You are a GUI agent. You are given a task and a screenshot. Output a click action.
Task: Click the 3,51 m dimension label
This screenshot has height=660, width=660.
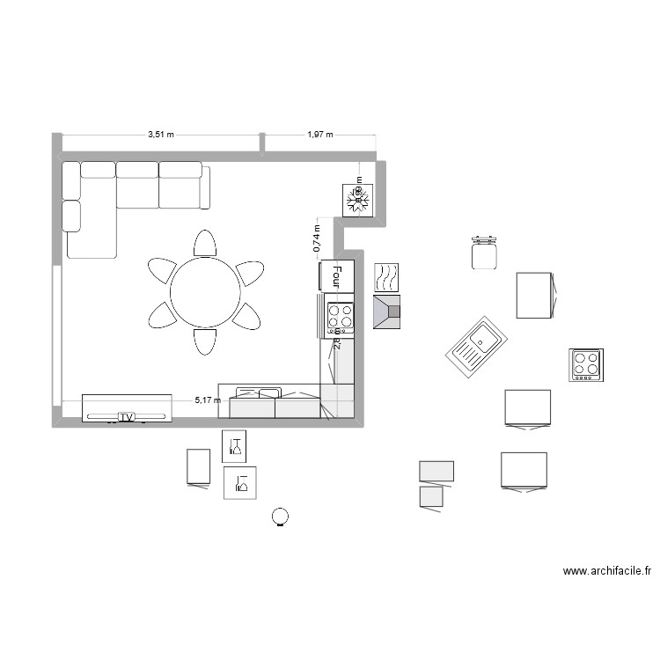click(x=161, y=135)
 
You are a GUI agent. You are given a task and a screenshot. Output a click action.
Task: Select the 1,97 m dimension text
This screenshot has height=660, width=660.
click(x=320, y=135)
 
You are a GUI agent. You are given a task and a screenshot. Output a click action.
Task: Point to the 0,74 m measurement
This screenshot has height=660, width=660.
click(x=317, y=238)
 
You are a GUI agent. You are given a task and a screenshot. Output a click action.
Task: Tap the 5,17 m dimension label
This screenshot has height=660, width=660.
click(x=208, y=400)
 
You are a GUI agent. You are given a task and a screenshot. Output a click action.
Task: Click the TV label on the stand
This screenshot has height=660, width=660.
click(x=127, y=416)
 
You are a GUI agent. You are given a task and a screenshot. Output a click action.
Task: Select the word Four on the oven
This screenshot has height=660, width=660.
click(x=336, y=276)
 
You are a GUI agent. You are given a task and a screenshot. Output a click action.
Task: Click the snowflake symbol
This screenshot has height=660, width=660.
click(x=358, y=200)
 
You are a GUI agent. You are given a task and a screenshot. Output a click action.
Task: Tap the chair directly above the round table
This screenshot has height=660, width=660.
click(x=204, y=244)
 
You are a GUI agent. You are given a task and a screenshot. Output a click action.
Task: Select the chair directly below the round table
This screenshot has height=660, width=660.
click(x=204, y=341)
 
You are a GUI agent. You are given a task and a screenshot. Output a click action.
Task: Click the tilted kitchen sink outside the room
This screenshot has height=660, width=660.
click(x=475, y=344)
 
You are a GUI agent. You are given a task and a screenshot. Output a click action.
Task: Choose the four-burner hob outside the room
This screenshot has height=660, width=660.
click(x=586, y=364)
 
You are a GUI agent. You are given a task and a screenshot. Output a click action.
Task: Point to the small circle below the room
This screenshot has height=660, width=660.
click(x=280, y=517)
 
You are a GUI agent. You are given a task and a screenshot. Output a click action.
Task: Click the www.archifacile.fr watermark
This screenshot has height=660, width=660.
click(x=606, y=571)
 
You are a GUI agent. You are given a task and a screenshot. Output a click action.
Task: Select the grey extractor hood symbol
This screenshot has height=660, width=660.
click(x=387, y=312)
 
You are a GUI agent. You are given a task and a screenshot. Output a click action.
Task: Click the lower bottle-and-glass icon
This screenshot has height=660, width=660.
click(x=240, y=482)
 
